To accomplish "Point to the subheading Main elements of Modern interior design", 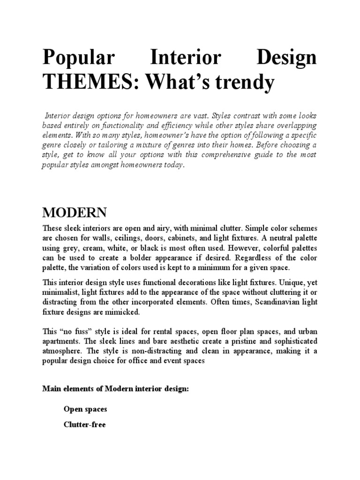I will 115,389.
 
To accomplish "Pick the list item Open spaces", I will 85,409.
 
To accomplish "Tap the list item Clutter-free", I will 85,425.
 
